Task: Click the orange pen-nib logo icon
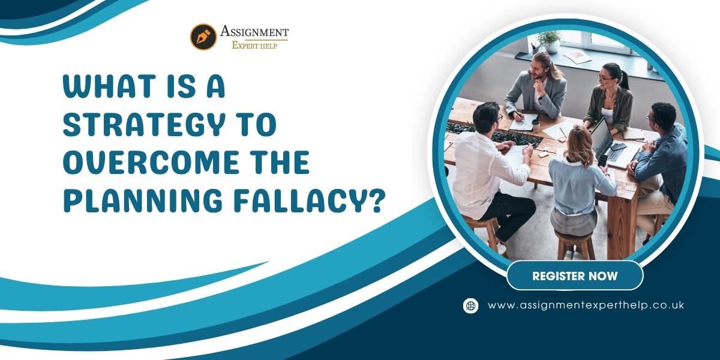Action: pos(203,37)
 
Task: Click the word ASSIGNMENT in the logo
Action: pos(254,32)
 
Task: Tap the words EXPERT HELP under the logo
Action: pos(254,46)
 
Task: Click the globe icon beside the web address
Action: pos(470,305)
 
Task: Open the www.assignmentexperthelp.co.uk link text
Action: pos(586,305)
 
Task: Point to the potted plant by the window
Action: pos(550,41)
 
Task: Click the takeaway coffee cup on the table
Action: pos(536,125)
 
